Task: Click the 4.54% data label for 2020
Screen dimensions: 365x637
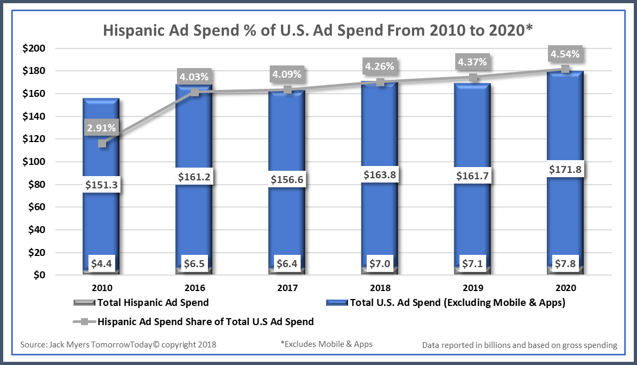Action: [x=566, y=54]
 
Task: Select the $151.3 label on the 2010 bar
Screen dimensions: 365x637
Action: [x=102, y=185]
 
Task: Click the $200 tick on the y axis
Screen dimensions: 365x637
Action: [x=34, y=48]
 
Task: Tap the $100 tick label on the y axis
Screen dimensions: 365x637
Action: [x=34, y=162]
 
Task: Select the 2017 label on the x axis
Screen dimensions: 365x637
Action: [x=288, y=288]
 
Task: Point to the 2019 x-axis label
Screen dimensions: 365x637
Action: [x=473, y=288]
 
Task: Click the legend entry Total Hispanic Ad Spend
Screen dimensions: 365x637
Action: [x=152, y=303]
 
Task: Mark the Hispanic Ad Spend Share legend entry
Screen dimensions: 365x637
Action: [x=205, y=321]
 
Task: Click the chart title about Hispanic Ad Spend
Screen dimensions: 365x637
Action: [x=318, y=30]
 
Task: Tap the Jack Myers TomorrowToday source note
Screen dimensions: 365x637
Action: [x=118, y=345]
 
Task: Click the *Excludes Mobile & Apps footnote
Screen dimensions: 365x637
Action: [x=326, y=344]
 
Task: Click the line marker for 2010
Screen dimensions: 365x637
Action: [x=102, y=144]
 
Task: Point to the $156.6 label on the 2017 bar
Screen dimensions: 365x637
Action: [x=288, y=179]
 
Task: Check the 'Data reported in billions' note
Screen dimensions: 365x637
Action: [x=520, y=345]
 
